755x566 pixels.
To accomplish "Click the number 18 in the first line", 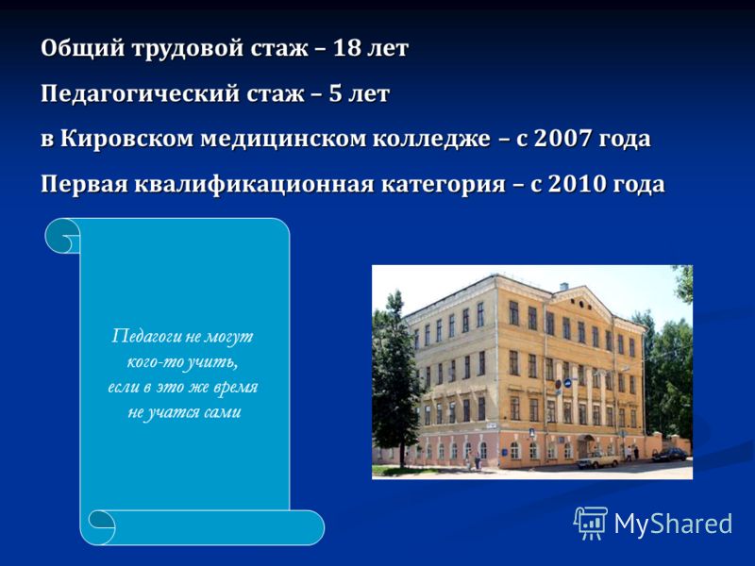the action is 345,48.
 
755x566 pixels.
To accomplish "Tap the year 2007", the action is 562,139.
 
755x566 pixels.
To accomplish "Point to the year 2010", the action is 577,184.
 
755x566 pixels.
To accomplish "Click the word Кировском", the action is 126,140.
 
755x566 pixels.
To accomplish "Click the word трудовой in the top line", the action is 187,49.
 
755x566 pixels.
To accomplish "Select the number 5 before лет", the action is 335,93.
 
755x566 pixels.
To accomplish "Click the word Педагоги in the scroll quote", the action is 146,337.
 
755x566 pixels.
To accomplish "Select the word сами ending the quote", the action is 223,412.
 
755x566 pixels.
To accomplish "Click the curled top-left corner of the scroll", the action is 62,235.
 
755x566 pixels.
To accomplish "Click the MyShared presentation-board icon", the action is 591,523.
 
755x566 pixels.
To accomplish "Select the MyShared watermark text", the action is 673,524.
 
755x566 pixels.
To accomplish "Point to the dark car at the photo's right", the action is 670,455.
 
